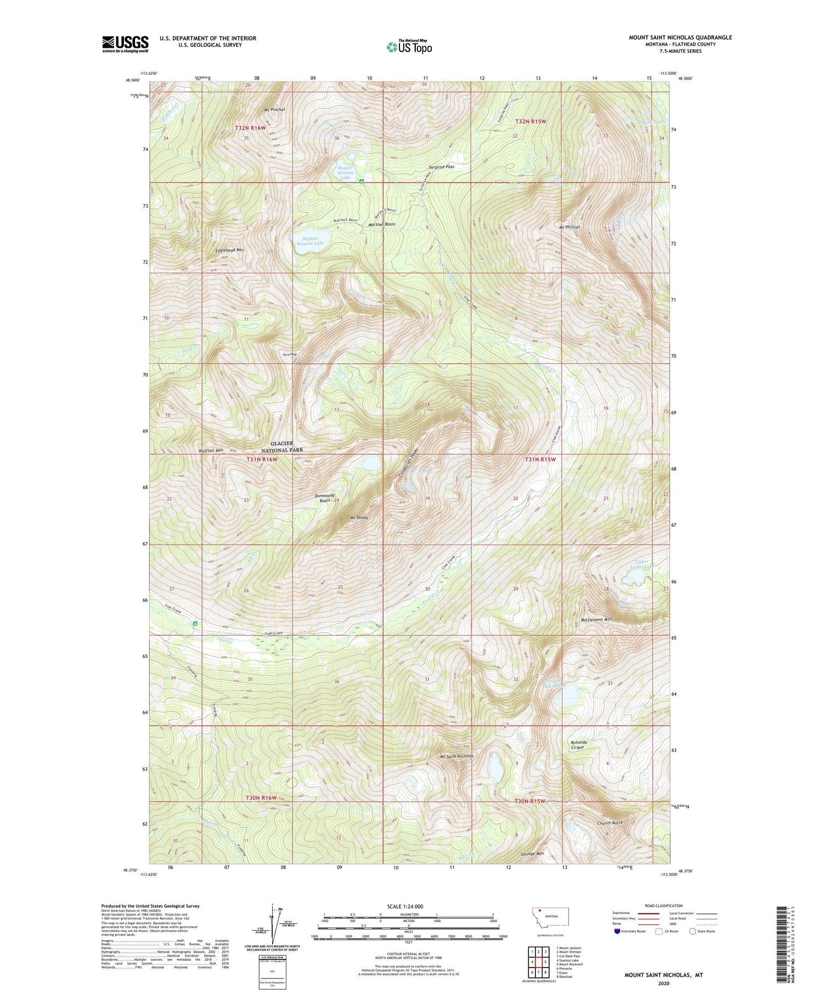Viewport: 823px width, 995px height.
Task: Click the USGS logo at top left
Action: (125, 44)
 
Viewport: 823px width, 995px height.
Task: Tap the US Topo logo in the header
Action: (409, 47)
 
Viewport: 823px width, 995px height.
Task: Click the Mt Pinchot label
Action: (274, 110)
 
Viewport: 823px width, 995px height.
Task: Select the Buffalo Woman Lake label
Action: (310, 240)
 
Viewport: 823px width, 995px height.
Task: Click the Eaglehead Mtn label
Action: (229, 250)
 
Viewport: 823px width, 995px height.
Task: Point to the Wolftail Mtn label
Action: (211, 451)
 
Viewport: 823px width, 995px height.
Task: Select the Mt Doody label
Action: (359, 518)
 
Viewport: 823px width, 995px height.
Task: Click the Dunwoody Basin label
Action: (325, 498)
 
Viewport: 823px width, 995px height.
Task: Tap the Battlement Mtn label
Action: (596, 620)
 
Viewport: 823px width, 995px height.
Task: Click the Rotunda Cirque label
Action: (578, 745)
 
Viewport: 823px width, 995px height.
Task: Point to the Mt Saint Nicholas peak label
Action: (456, 756)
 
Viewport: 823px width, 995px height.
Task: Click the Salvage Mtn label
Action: (532, 854)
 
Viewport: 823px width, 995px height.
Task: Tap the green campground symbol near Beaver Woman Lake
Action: (361, 181)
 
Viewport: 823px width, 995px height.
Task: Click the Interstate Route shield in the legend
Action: (617, 931)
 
